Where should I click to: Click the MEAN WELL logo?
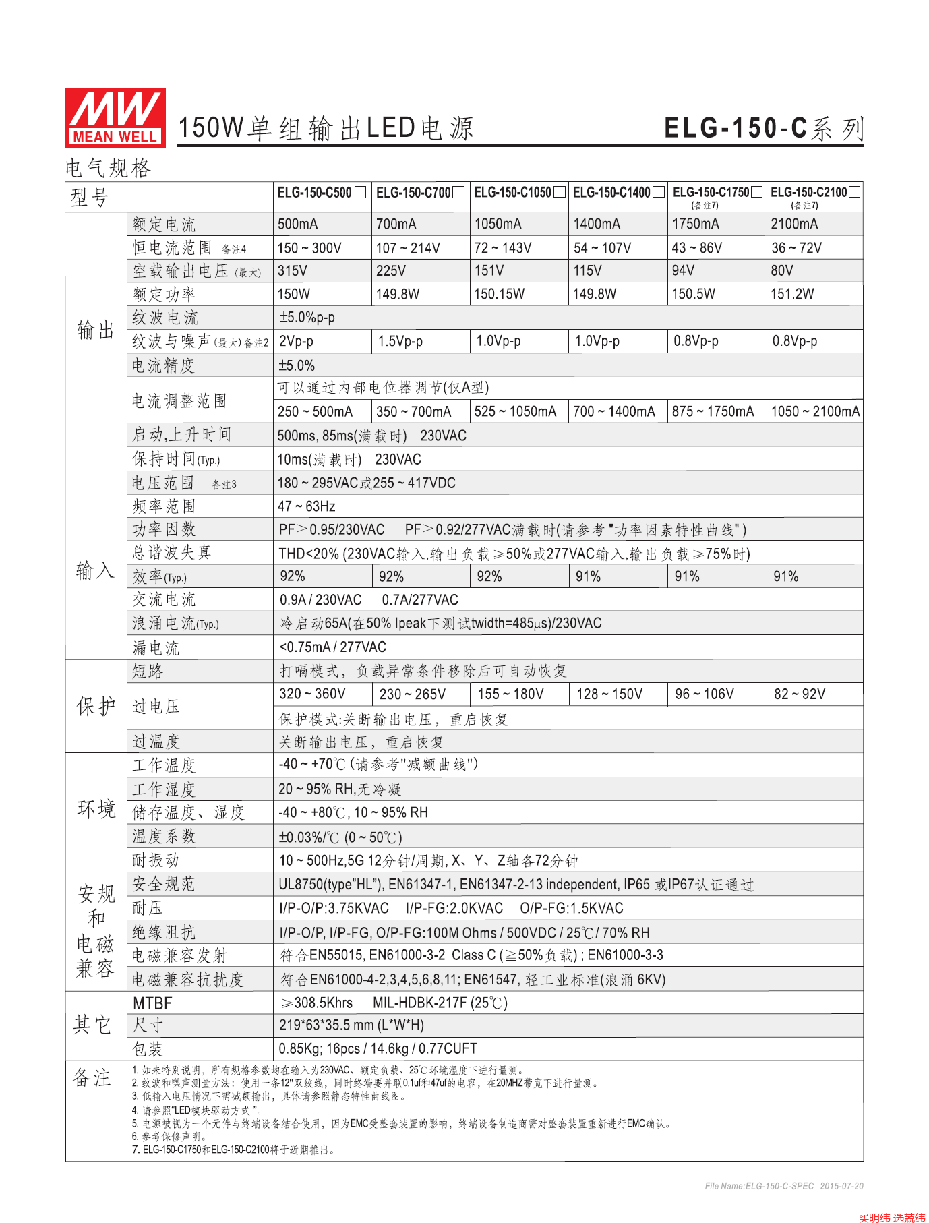click(x=115, y=118)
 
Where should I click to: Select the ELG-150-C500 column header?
click(x=315, y=193)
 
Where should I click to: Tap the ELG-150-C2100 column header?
click(x=808, y=193)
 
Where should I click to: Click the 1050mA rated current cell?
click(x=498, y=224)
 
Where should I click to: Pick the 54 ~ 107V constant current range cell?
click(x=602, y=248)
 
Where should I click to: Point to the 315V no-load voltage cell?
click(x=293, y=271)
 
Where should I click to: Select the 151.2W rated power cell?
click(x=792, y=294)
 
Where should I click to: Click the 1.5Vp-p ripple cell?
click(x=400, y=341)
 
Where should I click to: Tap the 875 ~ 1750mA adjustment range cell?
click(x=713, y=411)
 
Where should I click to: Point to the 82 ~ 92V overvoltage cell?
click(x=799, y=694)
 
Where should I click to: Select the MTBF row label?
click(x=152, y=1003)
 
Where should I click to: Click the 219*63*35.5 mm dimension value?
click(x=351, y=1025)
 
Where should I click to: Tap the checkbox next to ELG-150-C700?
click(x=458, y=193)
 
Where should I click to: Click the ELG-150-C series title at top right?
click(x=763, y=128)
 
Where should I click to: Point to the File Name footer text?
click(x=783, y=1186)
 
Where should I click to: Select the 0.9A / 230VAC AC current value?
click(x=320, y=600)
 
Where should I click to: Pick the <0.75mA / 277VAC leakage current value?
click(x=332, y=647)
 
